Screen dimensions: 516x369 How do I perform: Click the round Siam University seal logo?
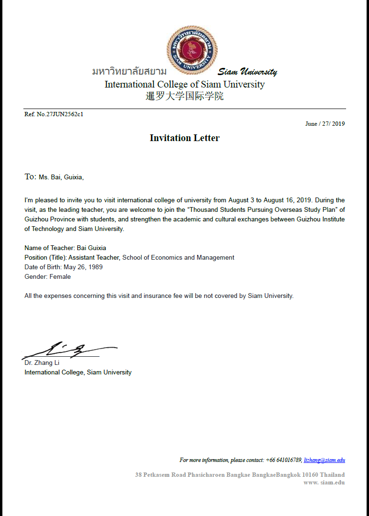point(192,50)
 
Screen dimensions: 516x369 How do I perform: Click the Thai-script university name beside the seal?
point(129,72)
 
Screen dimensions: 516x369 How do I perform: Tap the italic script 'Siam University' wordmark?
point(247,72)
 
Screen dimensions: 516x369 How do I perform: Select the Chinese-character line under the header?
point(184,96)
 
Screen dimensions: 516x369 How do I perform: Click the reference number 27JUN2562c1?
point(64,114)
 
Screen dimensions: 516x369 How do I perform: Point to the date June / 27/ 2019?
point(325,124)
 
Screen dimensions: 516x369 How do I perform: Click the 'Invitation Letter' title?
point(184,138)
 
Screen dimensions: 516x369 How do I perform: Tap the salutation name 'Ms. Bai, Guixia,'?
point(61,177)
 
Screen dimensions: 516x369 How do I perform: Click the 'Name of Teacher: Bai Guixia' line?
point(65,248)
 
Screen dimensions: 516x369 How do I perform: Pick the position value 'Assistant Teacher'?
point(95,257)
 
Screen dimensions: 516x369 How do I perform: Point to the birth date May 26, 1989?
point(83,267)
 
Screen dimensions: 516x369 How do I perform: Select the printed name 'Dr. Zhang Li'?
point(42,363)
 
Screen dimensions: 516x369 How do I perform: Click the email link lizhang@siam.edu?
point(324,460)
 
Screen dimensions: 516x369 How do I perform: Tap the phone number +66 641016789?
point(284,460)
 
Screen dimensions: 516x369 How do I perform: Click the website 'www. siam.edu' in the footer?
point(324,483)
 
